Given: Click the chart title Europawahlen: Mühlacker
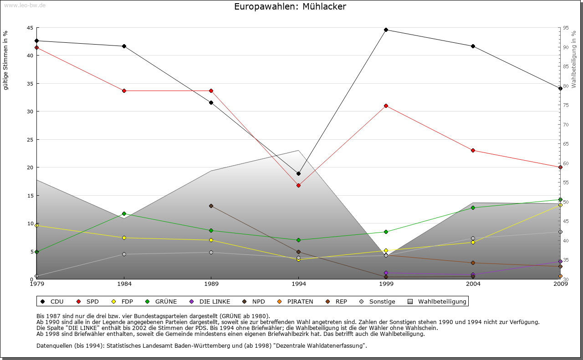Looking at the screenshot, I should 290,6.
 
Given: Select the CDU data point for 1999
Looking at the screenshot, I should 386,30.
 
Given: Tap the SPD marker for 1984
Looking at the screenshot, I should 124,91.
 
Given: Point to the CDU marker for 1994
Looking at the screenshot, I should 298,173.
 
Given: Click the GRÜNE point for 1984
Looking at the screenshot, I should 124,213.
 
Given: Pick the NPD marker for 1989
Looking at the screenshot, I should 211,206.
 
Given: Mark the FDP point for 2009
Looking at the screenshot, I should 560,205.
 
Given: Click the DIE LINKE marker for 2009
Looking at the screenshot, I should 560,262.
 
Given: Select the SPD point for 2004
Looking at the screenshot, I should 473,150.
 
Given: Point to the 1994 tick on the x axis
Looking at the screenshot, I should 298,284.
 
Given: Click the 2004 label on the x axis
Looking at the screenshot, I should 473,284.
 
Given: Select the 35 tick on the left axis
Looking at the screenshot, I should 30,84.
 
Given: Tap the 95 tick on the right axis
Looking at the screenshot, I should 566,28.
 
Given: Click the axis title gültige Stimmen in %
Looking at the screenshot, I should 6,60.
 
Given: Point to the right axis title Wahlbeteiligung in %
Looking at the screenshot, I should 574,59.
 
